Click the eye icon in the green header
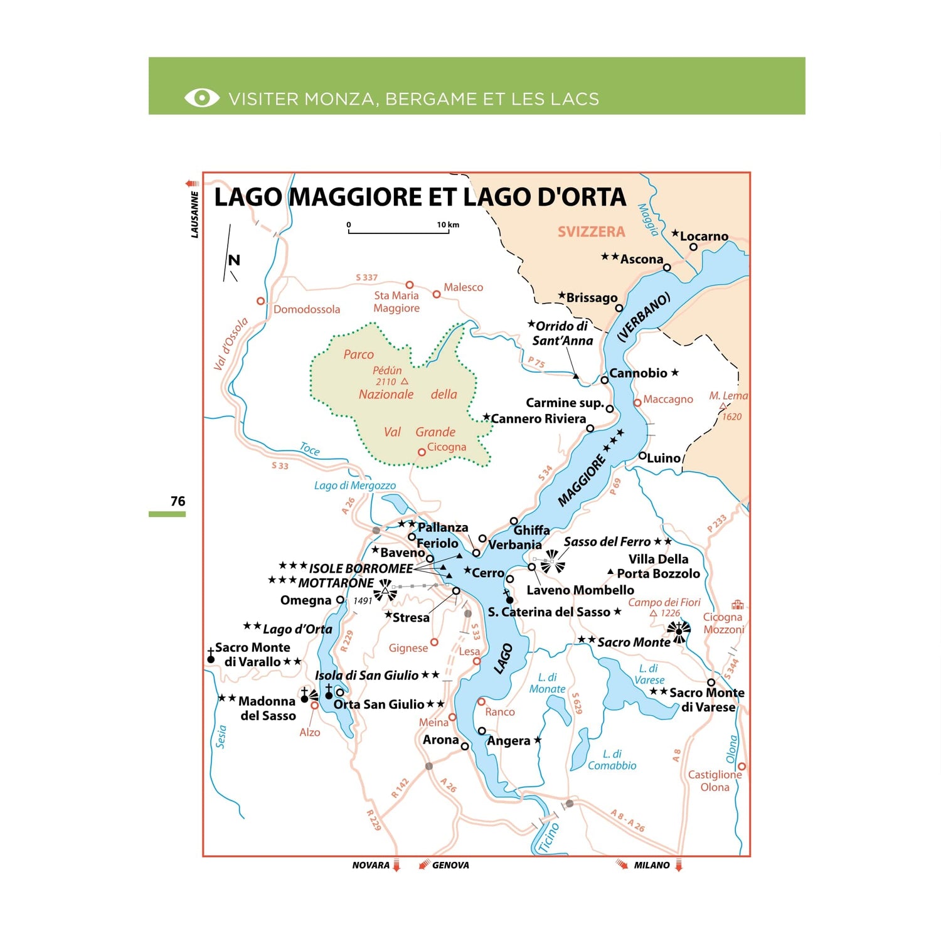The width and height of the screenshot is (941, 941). [201, 98]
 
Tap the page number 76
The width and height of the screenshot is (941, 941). [178, 501]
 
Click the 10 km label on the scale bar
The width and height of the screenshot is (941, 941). [448, 225]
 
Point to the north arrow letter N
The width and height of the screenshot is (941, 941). [234, 260]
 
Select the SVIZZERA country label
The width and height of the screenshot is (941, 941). [591, 232]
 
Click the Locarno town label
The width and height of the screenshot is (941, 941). [704, 237]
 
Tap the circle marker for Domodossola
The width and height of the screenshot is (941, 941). [261, 301]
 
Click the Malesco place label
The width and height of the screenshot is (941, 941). [463, 287]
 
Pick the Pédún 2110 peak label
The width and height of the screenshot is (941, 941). [388, 376]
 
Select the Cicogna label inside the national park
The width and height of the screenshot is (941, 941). [446, 447]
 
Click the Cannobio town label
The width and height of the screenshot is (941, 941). [638, 373]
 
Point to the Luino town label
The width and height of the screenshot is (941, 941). [663, 459]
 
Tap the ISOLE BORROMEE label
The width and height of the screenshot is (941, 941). [361, 569]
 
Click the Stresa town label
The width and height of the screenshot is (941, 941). [411, 618]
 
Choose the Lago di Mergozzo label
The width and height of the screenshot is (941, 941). [354, 486]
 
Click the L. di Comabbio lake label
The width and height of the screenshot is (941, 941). [612, 760]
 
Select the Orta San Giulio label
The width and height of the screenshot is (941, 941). [379, 704]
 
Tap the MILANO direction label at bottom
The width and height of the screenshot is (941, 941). [652, 865]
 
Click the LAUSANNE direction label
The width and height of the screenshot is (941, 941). [194, 215]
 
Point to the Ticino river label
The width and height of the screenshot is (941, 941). [548, 838]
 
